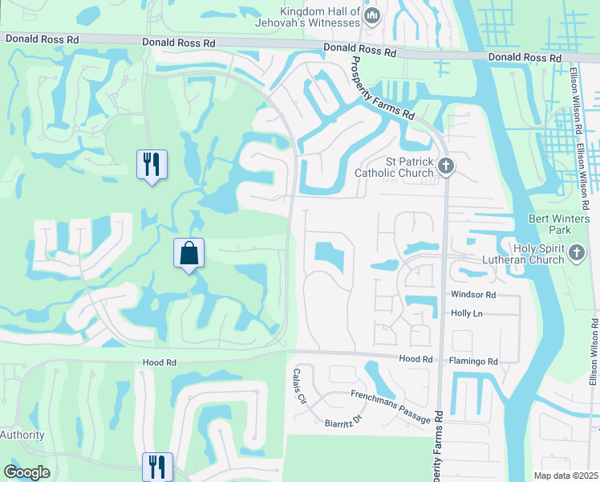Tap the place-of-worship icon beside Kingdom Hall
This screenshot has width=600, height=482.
click(372, 16)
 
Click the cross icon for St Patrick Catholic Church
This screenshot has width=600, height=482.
click(446, 166)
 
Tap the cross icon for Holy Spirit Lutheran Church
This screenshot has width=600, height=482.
click(576, 255)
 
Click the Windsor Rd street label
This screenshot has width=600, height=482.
click(473, 295)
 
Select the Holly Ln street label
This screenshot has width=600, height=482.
click(466, 313)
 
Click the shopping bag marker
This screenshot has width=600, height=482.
click(189, 254)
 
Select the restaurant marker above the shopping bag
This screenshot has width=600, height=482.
click(152, 165)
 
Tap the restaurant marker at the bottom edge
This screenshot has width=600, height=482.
click(157, 468)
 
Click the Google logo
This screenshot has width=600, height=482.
click(27, 472)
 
